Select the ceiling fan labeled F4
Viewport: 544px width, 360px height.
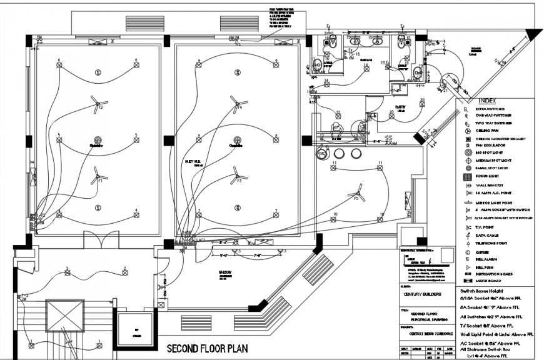point(236,102)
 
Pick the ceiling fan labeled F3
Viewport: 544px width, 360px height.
point(236,175)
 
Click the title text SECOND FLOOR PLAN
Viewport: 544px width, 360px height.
point(207,348)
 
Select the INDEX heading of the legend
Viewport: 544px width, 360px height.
point(487,102)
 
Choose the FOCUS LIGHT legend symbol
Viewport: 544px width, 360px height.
point(467,177)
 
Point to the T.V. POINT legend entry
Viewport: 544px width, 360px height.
point(486,227)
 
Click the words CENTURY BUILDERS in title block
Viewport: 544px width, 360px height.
point(421,294)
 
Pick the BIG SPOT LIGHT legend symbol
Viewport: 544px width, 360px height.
point(467,152)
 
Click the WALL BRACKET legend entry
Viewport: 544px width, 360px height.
point(490,186)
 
